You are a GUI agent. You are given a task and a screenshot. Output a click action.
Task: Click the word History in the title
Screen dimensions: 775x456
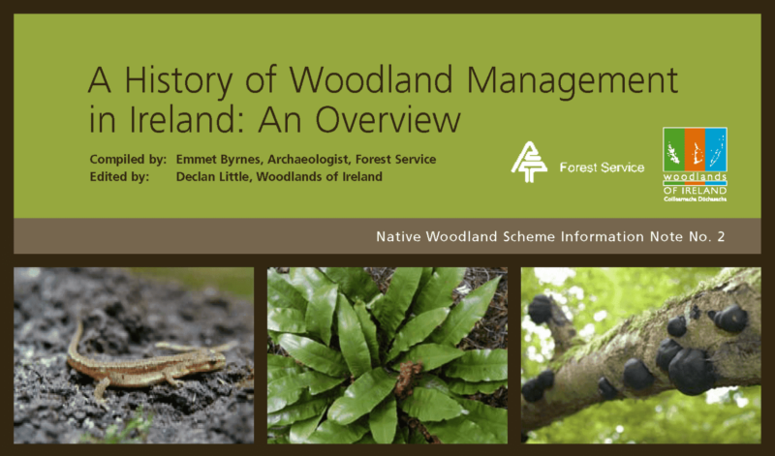[x=178, y=80]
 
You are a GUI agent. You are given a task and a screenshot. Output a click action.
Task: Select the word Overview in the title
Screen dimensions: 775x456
[x=388, y=119]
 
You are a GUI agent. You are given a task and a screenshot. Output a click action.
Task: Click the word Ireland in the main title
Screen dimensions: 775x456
[x=188, y=119]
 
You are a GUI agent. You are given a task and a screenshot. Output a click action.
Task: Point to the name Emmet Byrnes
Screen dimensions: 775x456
[x=219, y=160]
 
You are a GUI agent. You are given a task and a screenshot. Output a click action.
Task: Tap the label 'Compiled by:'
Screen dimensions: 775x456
[x=128, y=160]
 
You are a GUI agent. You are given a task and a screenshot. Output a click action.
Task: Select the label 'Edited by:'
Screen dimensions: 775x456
[x=119, y=176]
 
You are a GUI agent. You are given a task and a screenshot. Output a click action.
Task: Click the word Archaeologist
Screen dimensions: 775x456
[x=308, y=160]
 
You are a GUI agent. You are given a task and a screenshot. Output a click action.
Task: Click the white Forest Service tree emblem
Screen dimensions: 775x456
[x=528, y=162]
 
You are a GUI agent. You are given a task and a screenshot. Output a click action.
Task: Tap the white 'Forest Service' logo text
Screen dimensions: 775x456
[x=602, y=167]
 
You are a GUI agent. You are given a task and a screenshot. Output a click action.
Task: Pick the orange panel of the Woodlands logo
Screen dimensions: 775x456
[x=695, y=150]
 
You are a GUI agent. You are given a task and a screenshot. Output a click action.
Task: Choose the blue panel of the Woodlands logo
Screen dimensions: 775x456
[x=715, y=150]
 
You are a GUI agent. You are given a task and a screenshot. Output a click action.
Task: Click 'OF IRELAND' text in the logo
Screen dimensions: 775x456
[x=695, y=191]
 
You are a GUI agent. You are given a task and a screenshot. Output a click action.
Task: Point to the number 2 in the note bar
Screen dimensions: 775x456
[x=721, y=236]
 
